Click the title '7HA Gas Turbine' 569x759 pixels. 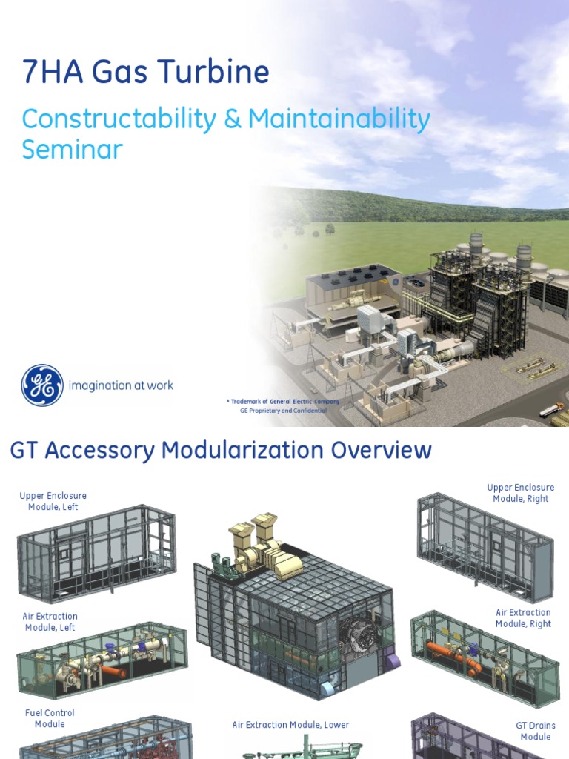click(145, 73)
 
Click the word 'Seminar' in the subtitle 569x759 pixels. click(72, 150)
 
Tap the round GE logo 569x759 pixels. click(41, 385)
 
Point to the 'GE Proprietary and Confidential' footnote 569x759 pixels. click(283, 410)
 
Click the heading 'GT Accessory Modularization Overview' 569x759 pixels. click(220, 450)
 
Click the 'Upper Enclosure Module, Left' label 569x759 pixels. click(53, 501)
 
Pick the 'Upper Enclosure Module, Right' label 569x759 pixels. click(520, 493)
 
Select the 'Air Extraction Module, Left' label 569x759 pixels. click(50, 622)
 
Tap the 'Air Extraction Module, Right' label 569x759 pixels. click(523, 618)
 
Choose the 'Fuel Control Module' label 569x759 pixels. click(50, 718)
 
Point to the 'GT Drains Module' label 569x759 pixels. click(535, 731)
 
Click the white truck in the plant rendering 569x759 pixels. click(551, 409)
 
